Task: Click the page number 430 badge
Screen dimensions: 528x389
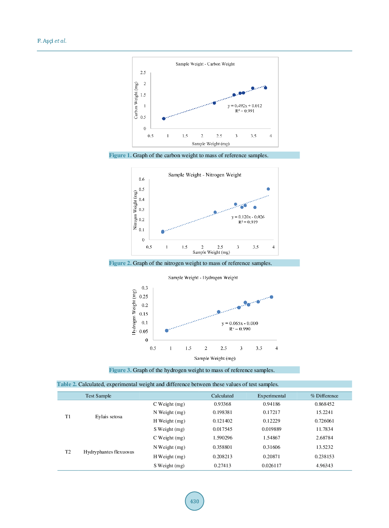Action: click(x=194, y=501)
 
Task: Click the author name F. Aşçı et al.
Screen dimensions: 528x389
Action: click(x=52, y=41)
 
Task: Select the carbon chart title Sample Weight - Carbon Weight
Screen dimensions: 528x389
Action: click(x=205, y=64)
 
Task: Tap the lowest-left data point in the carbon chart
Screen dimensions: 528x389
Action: click(x=164, y=118)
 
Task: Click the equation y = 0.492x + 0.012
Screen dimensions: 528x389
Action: click(x=245, y=106)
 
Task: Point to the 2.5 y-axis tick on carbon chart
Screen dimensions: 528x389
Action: click(x=143, y=73)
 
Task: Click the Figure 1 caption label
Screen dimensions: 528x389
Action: click(x=120, y=155)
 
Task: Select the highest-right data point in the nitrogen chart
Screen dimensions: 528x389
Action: click(x=268, y=189)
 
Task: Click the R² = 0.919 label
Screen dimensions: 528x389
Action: click(x=248, y=222)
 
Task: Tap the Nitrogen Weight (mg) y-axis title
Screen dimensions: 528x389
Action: click(x=135, y=210)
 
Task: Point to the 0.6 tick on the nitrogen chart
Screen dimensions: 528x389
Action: click(x=142, y=179)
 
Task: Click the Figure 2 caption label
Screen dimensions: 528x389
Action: click(x=120, y=263)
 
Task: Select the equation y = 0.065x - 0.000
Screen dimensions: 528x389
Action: click(x=240, y=323)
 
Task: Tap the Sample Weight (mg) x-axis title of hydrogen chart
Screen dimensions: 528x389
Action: click(x=215, y=358)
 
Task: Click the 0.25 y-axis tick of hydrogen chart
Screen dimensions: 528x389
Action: click(x=144, y=297)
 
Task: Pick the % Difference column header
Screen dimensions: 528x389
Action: click(x=324, y=396)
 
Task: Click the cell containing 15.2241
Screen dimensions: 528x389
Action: click(x=324, y=412)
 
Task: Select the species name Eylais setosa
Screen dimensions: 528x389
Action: click(x=109, y=417)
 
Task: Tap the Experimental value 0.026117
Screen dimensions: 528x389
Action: click(x=271, y=466)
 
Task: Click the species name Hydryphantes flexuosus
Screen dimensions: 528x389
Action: click(x=109, y=452)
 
